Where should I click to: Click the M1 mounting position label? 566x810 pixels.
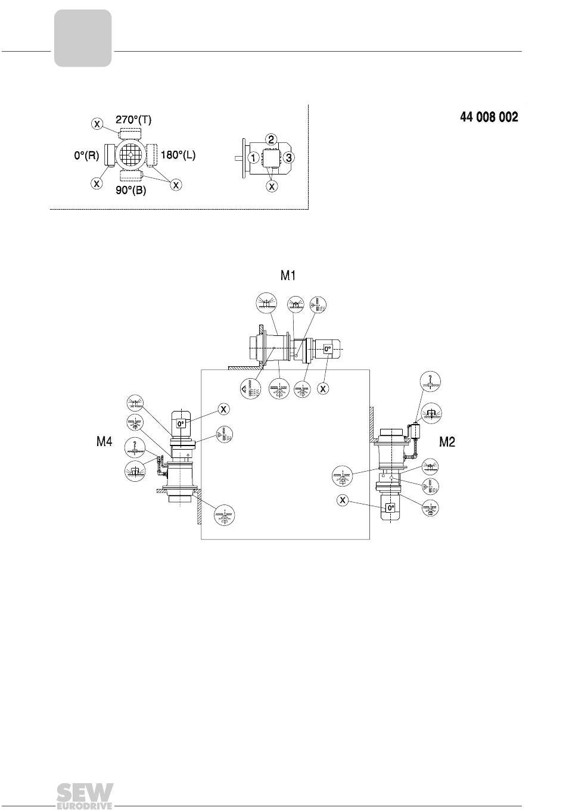click(288, 276)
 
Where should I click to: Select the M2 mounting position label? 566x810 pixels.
click(447, 441)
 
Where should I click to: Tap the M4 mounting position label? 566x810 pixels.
click(104, 441)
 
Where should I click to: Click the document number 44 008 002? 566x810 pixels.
click(489, 117)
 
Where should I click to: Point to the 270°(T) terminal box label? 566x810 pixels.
click(133, 120)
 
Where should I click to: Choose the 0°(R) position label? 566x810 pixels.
click(86, 155)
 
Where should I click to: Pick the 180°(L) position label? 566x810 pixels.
click(178, 155)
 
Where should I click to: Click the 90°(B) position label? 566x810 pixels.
click(131, 190)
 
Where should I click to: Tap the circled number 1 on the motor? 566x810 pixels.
click(254, 158)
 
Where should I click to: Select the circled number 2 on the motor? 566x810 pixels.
click(271, 139)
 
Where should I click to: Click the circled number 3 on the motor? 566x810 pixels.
click(288, 158)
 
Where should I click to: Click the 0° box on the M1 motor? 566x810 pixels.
click(327, 349)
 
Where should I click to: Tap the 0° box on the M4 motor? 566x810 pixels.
click(181, 423)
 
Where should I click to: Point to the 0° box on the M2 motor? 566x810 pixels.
click(391, 507)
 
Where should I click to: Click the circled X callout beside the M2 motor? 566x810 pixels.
click(342, 500)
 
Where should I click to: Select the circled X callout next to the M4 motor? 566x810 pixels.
click(224, 409)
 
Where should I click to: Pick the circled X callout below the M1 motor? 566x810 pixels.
click(323, 389)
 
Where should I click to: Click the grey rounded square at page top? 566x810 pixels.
click(83, 38)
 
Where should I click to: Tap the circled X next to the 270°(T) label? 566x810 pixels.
click(97, 124)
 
